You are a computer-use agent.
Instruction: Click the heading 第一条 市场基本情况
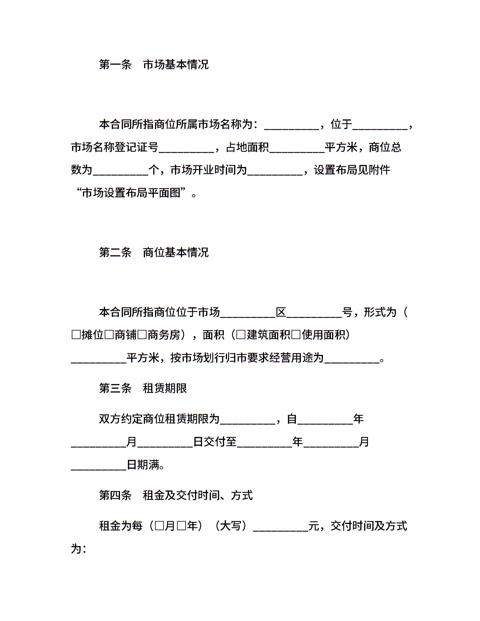pyautogui.click(x=154, y=64)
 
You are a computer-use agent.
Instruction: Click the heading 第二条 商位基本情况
pyautogui.click(x=154, y=252)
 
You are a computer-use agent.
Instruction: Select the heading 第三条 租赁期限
pyautogui.click(x=143, y=388)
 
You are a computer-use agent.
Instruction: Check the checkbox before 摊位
pyautogui.click(x=76, y=335)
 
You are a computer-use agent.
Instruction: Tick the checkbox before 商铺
pyautogui.click(x=109, y=335)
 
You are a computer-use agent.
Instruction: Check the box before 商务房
pyautogui.click(x=142, y=335)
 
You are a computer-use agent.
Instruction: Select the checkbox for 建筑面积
pyautogui.click(x=241, y=335)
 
